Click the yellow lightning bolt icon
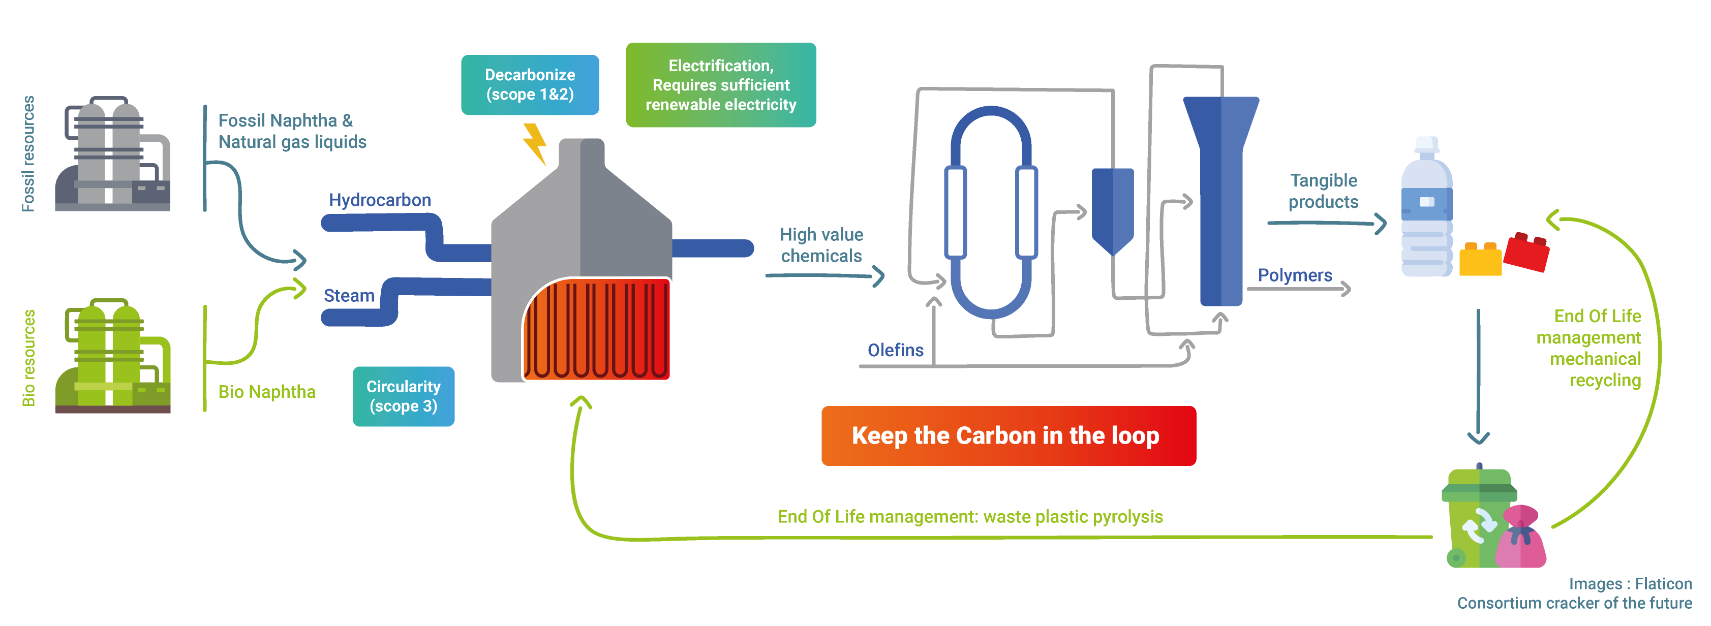point(535,143)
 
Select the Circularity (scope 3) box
point(403,396)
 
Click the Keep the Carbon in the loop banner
point(1009,435)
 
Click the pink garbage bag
point(1524,538)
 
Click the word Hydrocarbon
point(380,200)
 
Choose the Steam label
point(349,295)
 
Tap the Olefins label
point(895,350)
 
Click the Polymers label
point(1295,275)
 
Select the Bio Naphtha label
point(267,392)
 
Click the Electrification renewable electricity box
point(721,85)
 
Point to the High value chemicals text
point(821,245)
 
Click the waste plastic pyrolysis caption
point(970,516)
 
